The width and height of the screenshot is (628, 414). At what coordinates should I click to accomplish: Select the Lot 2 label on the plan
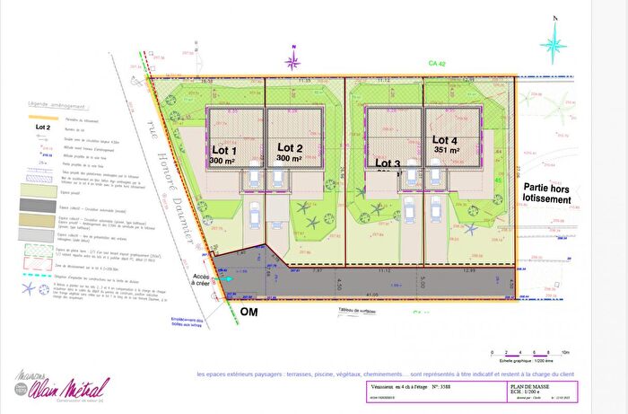click(290, 147)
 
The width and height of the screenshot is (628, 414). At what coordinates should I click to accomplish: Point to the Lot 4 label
click(445, 140)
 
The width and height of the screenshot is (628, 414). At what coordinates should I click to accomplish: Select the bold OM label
click(249, 312)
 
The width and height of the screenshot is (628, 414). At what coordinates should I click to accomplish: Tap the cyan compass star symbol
click(556, 40)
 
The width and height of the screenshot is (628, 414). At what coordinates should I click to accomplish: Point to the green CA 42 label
click(438, 65)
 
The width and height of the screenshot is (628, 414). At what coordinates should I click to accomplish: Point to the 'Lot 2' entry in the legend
click(41, 128)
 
